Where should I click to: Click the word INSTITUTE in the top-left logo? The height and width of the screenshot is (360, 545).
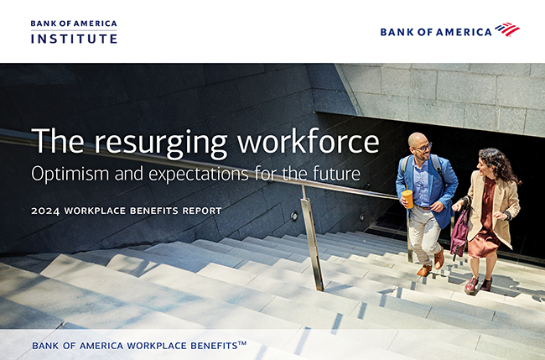pos(74,39)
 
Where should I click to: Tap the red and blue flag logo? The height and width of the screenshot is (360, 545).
pos(507,29)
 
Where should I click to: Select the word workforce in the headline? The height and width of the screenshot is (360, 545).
pos(308,140)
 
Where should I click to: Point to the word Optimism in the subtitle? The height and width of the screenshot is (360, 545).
pos(71,174)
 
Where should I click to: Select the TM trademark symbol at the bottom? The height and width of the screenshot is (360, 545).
pos(242,344)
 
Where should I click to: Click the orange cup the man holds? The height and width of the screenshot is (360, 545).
pos(407,198)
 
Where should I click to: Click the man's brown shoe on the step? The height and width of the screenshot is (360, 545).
pos(424,270)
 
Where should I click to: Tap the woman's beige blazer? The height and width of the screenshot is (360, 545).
pos(494,206)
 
